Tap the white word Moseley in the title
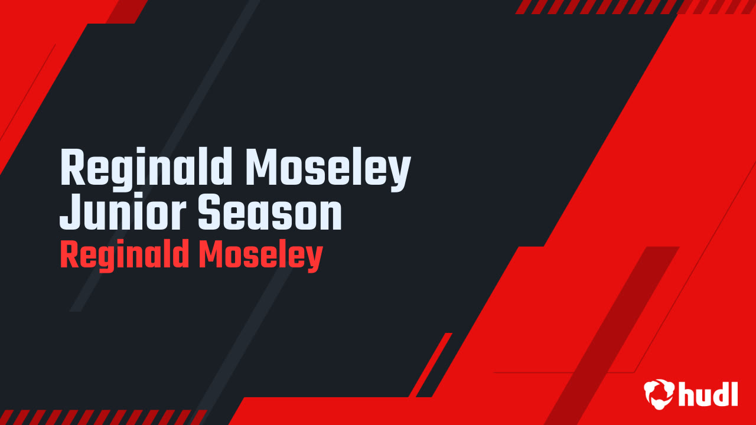[328, 168]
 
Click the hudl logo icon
[659, 393]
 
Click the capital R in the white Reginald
[71, 168]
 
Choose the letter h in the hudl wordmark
[687, 393]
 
